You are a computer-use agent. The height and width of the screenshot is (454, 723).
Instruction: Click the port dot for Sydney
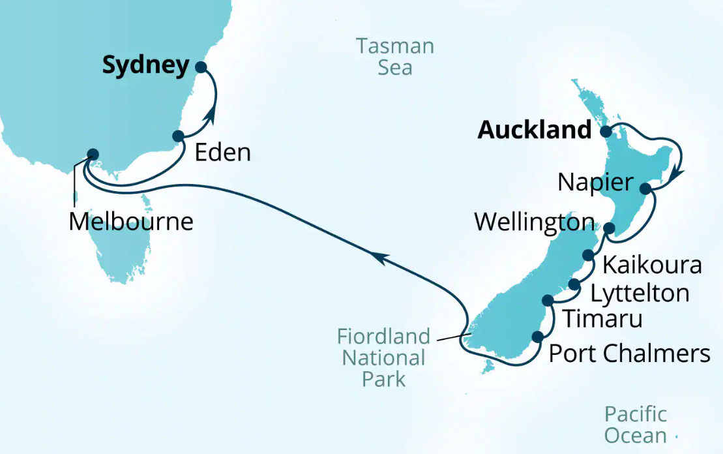click(200, 67)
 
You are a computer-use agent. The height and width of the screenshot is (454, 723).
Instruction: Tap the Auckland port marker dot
click(606, 131)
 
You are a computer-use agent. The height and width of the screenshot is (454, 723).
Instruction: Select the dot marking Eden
click(178, 136)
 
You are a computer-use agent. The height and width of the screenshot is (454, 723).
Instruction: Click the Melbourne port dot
click(93, 155)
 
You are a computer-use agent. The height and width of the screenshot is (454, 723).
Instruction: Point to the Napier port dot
click(645, 189)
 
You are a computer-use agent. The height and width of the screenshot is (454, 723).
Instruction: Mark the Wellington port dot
click(609, 228)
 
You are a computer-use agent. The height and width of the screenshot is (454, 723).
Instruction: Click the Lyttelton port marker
click(574, 284)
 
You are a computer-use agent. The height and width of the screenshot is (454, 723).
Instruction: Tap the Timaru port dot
click(548, 300)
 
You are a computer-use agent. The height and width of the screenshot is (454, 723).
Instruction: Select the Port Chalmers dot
click(538, 337)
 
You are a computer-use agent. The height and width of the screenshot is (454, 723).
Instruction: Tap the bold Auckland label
click(534, 130)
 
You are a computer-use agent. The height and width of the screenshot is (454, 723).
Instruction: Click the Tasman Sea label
click(395, 57)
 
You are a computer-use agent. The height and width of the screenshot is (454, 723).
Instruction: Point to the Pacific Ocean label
click(635, 425)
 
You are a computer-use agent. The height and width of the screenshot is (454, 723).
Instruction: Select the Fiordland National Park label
click(383, 357)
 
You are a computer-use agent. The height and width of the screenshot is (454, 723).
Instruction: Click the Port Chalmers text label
click(629, 354)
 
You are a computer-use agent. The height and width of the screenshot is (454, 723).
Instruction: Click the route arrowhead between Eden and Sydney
click(211, 115)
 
